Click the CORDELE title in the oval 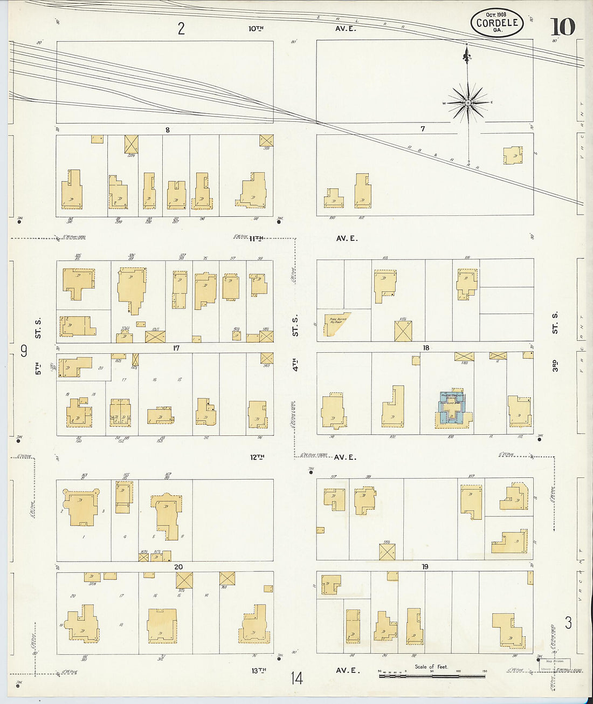497,23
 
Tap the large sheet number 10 562,26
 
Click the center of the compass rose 468,102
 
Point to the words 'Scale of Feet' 431,667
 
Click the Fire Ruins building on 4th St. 337,324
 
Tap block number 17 176,348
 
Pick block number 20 178,566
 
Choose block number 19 425,566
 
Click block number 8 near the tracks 168,129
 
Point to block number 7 423,129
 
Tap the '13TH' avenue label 259,670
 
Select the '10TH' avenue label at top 256,28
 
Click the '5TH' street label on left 38,369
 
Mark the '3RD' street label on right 555,365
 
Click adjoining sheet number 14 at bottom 296,678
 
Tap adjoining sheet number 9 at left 24,351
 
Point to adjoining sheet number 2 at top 181,28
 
